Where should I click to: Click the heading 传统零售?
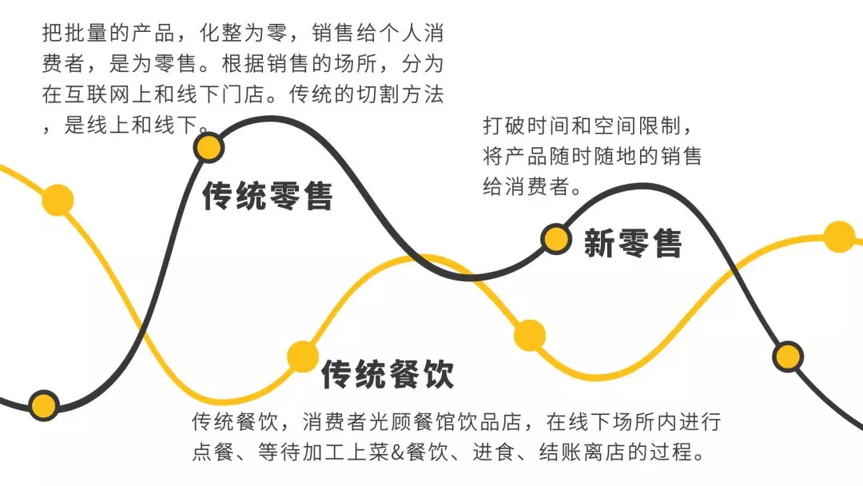tap(267, 196)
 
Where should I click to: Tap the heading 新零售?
tap(633, 242)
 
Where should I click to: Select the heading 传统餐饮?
tap(388, 373)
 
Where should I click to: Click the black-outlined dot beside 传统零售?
tap(209, 147)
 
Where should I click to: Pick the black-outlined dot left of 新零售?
tap(555, 238)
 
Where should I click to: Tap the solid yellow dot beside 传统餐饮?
tap(303, 357)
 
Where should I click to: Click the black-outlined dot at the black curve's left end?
tap(44, 405)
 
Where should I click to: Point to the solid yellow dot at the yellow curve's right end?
tap(839, 237)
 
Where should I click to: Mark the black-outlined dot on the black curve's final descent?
tap(788, 357)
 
